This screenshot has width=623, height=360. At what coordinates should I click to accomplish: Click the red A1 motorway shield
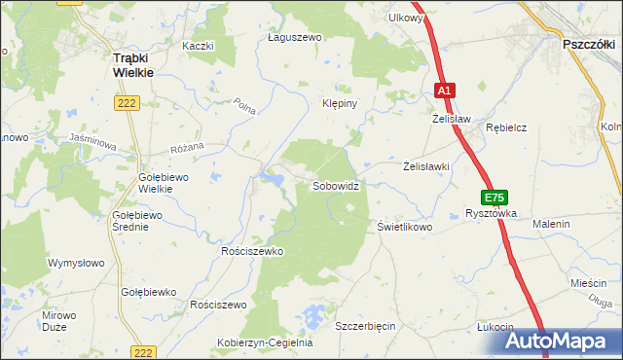[444, 90]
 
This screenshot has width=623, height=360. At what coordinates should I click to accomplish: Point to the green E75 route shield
[494, 198]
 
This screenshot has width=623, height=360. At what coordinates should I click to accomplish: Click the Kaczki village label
[197, 46]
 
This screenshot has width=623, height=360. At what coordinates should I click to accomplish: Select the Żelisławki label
[426, 166]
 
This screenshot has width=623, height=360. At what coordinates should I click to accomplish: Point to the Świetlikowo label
[404, 226]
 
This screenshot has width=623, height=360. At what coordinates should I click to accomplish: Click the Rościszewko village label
[252, 251]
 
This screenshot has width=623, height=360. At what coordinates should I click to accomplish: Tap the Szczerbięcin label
[365, 326]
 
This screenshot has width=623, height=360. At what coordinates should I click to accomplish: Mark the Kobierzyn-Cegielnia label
[264, 342]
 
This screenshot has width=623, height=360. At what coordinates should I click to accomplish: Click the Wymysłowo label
[76, 263]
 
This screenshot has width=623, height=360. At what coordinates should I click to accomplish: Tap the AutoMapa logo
[564, 340]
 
